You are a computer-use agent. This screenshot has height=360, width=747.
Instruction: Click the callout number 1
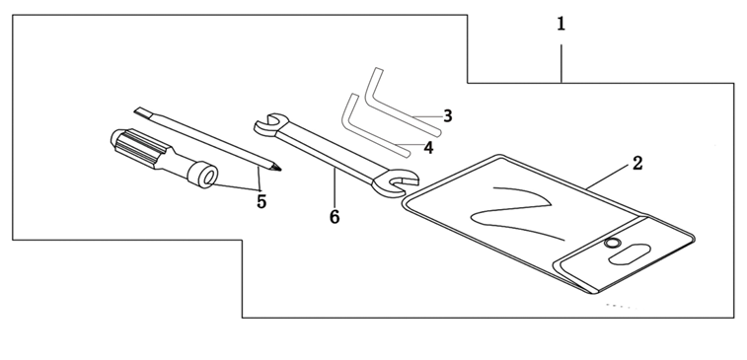coord(561,24)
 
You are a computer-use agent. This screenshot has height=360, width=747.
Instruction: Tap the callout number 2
coord(637,164)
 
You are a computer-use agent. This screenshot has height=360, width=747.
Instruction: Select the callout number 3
coord(447,115)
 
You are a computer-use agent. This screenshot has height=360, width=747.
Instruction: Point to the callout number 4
coord(429,148)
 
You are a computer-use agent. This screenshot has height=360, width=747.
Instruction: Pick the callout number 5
coord(261,201)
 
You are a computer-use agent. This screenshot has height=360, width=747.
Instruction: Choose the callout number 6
coord(335,217)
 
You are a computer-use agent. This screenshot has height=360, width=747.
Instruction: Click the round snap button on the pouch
coord(612,244)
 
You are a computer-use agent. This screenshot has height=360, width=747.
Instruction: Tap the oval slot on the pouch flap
coord(630,253)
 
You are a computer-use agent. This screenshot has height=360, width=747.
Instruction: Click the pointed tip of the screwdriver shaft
coord(279,169)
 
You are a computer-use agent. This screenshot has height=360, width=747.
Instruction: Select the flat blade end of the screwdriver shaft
coord(141,112)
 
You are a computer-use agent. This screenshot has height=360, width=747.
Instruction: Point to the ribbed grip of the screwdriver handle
coord(138,147)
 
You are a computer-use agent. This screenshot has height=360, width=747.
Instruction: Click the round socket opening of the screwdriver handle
coord(209,179)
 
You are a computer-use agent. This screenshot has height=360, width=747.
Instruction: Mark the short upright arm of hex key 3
coord(373,85)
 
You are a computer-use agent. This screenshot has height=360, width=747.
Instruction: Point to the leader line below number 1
coord(561,64)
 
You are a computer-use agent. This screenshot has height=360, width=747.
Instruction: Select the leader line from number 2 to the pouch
coord(609,179)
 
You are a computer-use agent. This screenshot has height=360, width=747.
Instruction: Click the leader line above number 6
coord(335,187)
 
